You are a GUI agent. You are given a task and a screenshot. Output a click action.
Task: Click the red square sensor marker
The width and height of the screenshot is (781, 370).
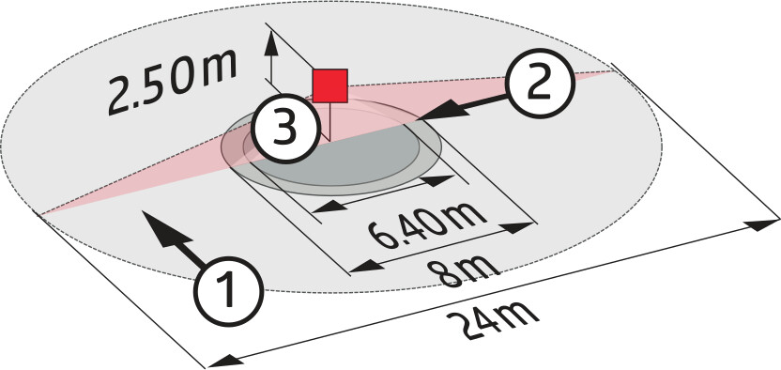pos(329,86)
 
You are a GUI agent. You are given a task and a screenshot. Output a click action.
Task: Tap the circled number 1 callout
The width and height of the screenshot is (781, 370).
pos(229,291)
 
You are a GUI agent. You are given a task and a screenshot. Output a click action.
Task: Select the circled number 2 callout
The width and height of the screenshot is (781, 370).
pos(541,84)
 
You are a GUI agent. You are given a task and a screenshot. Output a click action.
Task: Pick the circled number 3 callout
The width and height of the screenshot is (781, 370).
pos(284,129)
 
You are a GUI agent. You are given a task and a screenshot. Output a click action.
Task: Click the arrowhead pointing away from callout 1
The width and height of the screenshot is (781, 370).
pos(161,228)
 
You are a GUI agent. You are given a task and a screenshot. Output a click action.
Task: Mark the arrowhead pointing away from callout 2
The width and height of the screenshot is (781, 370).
pos(444,110)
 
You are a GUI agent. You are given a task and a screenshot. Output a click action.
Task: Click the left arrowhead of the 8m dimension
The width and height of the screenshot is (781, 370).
pos(367,267)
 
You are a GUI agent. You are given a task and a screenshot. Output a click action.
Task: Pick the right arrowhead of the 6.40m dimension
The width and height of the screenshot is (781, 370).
pos(436,180)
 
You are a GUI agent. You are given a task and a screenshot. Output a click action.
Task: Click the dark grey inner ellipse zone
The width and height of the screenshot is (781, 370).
pos(339,157)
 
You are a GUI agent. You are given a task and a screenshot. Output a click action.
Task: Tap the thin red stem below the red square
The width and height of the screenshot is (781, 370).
pos(329,121)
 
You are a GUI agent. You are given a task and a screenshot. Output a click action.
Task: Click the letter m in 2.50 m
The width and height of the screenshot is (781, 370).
pos(214,69)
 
